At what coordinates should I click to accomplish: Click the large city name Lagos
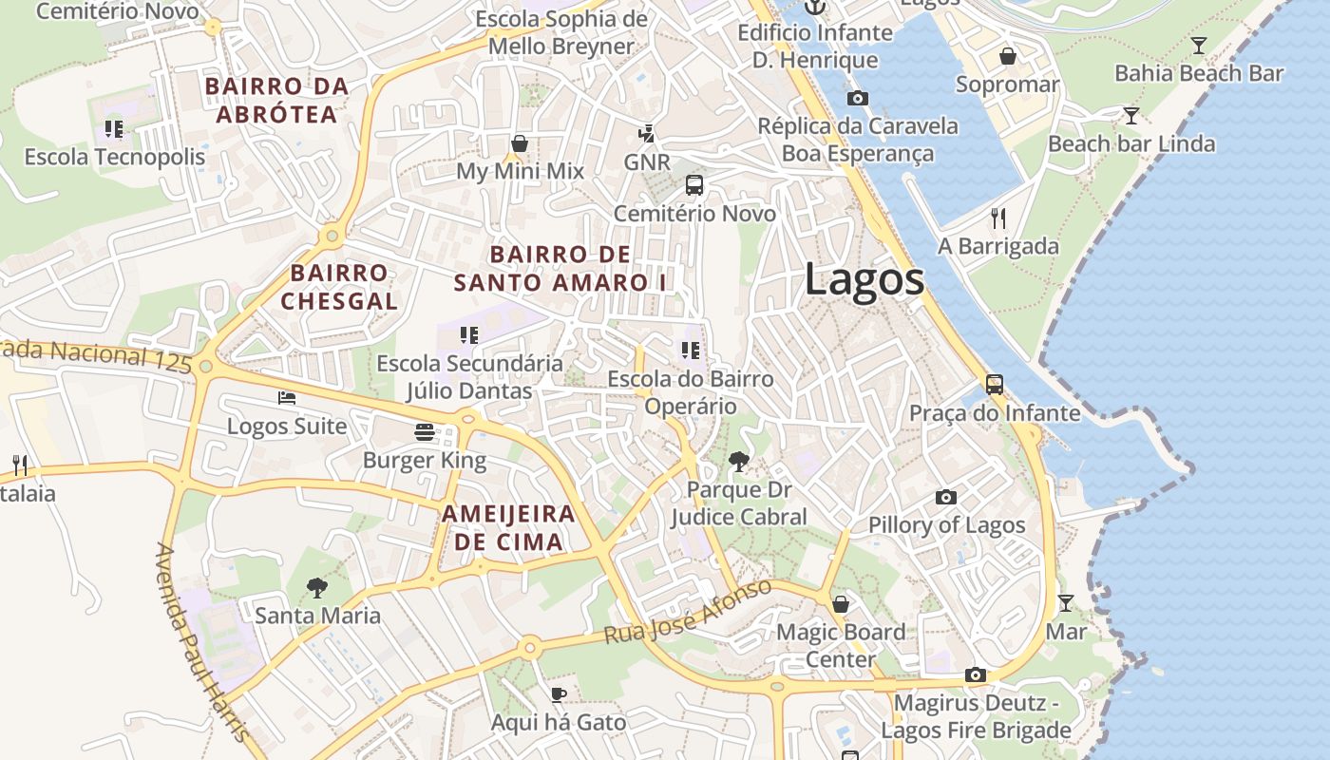pos(864,279)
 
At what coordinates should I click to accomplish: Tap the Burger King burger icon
pos(425,432)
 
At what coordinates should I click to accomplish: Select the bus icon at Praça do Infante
pos(994,385)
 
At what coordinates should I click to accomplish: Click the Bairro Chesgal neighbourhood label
pos(339,287)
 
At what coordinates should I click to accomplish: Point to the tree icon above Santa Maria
pos(317,588)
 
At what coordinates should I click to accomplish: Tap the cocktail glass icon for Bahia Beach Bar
pos(1199,45)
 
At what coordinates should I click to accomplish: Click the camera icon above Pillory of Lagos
pos(945,497)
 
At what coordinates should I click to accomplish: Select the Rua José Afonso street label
pos(688,613)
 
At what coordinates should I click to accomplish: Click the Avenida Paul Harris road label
pos(203,642)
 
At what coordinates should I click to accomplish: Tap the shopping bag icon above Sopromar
pos(1007,57)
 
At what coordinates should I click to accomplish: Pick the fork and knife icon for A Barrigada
pos(997,218)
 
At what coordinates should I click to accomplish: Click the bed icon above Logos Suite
pos(286,397)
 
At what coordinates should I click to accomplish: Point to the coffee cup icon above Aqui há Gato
pos(559,694)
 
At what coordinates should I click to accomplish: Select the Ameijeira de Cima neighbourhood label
pos(508,528)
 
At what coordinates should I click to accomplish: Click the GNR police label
pos(647,161)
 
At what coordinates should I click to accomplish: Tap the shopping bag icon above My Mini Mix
pos(520,143)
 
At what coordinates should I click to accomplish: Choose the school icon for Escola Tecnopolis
pos(114,128)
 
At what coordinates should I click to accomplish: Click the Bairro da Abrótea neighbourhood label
pos(276,101)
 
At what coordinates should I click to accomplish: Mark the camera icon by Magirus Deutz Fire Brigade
pos(975,674)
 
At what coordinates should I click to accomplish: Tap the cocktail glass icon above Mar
pos(1066,602)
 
